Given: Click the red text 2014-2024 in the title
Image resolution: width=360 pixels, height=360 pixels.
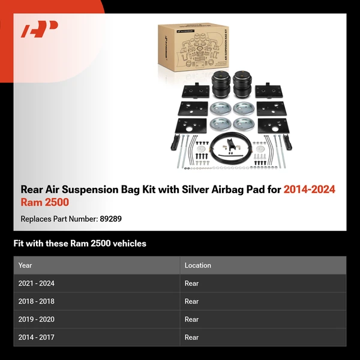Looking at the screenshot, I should point(309,190).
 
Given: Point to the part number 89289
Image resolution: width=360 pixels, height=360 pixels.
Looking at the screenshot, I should point(110,219).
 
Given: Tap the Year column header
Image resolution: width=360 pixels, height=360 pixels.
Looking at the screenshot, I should point(25,265).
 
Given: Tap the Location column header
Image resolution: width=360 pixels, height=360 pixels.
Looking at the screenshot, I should point(197,265).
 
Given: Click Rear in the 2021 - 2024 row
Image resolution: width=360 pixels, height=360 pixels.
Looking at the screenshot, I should point(191,283).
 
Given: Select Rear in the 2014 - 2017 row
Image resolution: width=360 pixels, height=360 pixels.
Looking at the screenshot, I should point(191,337).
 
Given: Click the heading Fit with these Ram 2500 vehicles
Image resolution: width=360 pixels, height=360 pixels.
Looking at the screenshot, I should point(80,244).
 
